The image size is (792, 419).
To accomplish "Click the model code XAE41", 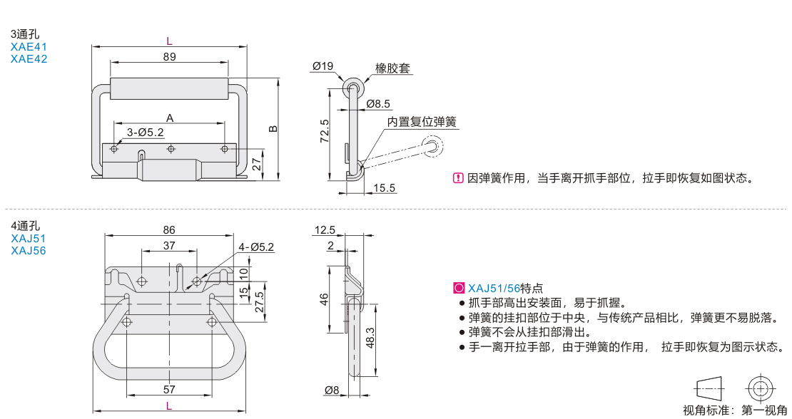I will pyautogui.click(x=29, y=47).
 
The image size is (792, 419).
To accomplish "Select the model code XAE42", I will pyautogui.click(x=29, y=59).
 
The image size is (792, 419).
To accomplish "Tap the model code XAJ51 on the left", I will pyautogui.click(x=28, y=239).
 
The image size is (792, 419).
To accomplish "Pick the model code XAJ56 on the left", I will pyautogui.click(x=28, y=251).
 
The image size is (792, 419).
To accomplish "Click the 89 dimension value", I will pyautogui.click(x=170, y=57).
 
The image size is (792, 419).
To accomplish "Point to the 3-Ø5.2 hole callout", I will pyautogui.click(x=146, y=133).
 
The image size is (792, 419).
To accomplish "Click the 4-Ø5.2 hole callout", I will pyautogui.click(x=256, y=247).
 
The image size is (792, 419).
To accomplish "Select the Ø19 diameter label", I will pyautogui.click(x=323, y=66).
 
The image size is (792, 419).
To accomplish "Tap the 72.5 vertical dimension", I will pyautogui.click(x=325, y=132).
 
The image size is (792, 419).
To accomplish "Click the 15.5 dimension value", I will pyautogui.click(x=384, y=188).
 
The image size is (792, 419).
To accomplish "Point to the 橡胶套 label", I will pyautogui.click(x=393, y=69).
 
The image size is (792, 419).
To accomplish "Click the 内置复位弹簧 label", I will pyautogui.click(x=422, y=123).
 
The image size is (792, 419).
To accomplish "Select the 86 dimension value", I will pyautogui.click(x=169, y=230).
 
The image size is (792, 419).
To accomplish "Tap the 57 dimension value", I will pyautogui.click(x=169, y=390).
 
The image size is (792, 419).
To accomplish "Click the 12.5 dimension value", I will pyautogui.click(x=325, y=230).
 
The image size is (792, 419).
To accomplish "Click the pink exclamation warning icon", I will pyautogui.click(x=458, y=178).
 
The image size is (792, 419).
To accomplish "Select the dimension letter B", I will pyautogui.click(x=273, y=129).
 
